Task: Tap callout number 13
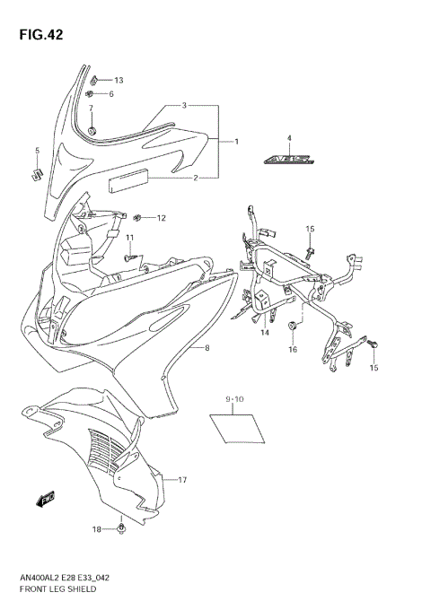(118, 81)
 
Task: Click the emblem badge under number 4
(290, 161)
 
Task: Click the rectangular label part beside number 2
(129, 184)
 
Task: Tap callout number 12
(162, 218)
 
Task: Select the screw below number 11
(131, 257)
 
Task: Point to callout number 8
(207, 347)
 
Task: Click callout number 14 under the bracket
(265, 333)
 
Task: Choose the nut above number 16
(293, 327)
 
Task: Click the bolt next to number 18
(119, 534)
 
